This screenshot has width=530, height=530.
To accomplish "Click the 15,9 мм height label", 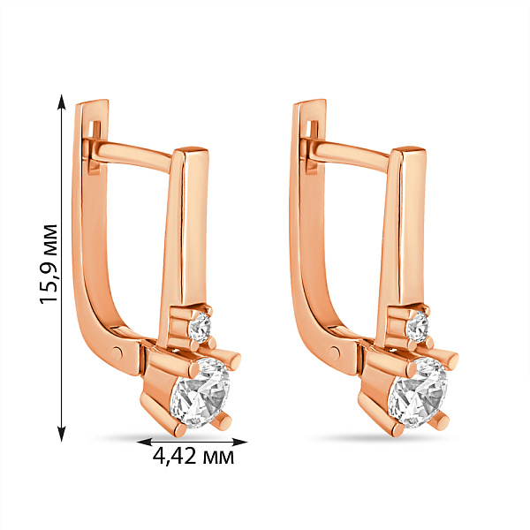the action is click(x=48, y=264).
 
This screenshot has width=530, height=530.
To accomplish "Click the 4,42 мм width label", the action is click(x=193, y=457).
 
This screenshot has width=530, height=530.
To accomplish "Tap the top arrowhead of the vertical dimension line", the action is click(x=61, y=102).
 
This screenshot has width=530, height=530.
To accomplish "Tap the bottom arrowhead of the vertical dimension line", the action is click(x=61, y=434).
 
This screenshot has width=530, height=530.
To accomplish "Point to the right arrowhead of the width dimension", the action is click(x=239, y=442).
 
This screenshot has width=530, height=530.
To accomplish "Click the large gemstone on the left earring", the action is click(x=201, y=393).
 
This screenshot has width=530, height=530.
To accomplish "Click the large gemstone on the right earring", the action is click(x=418, y=393).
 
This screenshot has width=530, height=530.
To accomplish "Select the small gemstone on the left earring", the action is click(x=201, y=327).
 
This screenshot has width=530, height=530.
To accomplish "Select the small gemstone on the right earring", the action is click(x=418, y=327).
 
